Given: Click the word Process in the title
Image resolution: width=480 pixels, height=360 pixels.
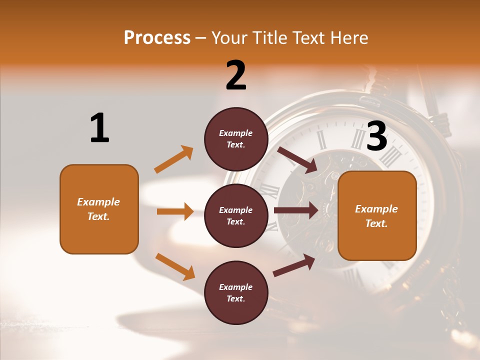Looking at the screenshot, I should pos(157,37).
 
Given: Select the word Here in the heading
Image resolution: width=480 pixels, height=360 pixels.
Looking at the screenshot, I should pos(349,37).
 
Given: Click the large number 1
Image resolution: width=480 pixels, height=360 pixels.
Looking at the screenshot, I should pos(99,128).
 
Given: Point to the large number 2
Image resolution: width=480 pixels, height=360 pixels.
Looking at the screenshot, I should pos(236,75).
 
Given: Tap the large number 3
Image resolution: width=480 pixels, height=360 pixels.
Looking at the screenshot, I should pos(377,136).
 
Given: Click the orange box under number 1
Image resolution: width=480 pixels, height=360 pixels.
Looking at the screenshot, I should pos(99,209).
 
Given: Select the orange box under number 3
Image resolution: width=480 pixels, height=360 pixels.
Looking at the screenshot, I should pos(377,215).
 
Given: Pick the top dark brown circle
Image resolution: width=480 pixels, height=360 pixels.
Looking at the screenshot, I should pos(236,139).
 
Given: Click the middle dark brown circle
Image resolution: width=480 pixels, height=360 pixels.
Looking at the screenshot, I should pos(236,215).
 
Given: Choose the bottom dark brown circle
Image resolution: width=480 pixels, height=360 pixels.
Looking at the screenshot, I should pos(236,292).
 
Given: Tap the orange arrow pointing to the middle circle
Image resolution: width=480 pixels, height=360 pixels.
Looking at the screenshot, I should pos(175,211).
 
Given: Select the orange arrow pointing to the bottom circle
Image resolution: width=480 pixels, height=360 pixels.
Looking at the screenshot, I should pos(175,266).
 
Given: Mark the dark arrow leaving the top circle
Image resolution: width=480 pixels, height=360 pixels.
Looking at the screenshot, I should pos(297,159).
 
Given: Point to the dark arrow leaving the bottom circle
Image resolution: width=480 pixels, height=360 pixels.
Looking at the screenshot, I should pos(294,265).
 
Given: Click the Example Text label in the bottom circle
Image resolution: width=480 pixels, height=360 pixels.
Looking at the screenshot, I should pos(236,292).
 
